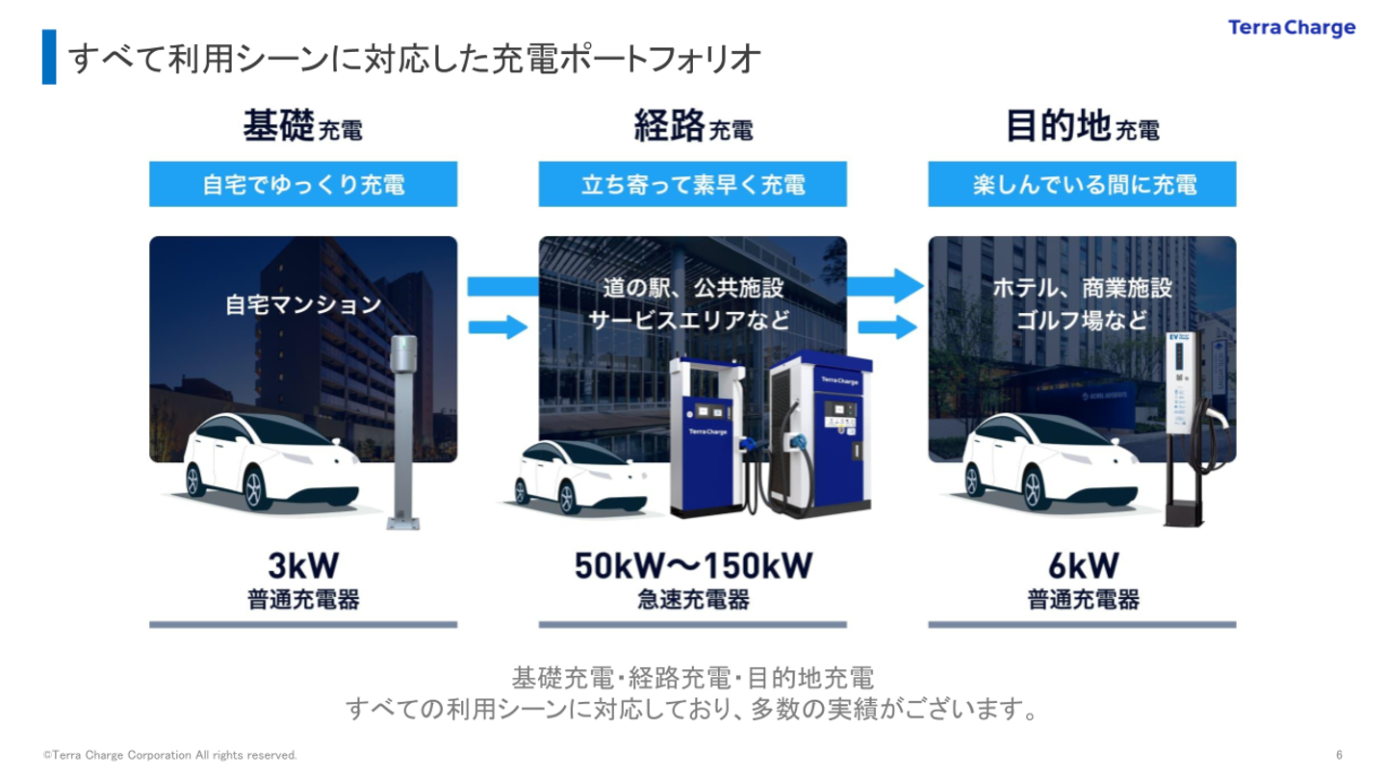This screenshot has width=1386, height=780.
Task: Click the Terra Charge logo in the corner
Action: click(x=1292, y=28)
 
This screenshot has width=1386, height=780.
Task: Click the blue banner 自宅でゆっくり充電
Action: click(x=303, y=184)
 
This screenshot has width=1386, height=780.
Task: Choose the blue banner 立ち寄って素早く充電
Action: click(x=692, y=184)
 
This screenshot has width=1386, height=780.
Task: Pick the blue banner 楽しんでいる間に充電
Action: click(x=1082, y=184)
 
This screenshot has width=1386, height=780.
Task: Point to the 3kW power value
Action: click(x=303, y=565)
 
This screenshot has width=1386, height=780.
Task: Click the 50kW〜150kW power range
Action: click(x=693, y=565)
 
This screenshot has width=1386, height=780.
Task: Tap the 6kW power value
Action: click(x=1084, y=565)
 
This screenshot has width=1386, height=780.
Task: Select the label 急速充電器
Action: click(x=693, y=599)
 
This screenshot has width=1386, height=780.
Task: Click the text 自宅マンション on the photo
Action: click(x=303, y=304)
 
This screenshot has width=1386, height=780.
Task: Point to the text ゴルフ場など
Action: click(x=1082, y=321)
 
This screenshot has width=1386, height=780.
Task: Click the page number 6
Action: click(x=1339, y=755)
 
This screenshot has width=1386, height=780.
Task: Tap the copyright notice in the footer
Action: click(x=170, y=755)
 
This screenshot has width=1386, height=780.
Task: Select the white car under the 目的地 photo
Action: click(x=1050, y=462)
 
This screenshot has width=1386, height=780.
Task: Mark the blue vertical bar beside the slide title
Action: click(x=49, y=57)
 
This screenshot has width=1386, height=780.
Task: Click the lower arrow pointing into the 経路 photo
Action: click(x=498, y=326)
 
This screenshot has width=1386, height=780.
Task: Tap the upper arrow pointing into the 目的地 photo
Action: click(x=885, y=286)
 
